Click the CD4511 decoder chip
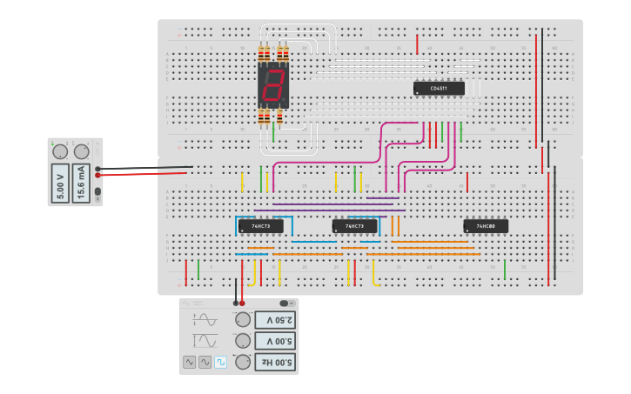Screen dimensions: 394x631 439,88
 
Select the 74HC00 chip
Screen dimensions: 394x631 486,226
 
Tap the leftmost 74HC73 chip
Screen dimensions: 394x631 260,226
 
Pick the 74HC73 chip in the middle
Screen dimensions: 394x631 354,226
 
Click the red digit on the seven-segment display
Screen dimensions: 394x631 273,85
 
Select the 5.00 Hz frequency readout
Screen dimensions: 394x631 274,361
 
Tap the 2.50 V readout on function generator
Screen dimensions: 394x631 274,319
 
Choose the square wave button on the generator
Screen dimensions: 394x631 220,361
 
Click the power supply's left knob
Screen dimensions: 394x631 60,151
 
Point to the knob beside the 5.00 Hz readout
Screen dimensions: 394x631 243,361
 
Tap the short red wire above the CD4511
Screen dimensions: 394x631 418,43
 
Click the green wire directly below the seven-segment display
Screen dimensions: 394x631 273,133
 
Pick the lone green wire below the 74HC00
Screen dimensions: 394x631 505,270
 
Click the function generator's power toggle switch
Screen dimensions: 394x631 285,304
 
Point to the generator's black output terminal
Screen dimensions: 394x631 236,303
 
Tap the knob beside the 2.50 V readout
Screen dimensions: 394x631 243,319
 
